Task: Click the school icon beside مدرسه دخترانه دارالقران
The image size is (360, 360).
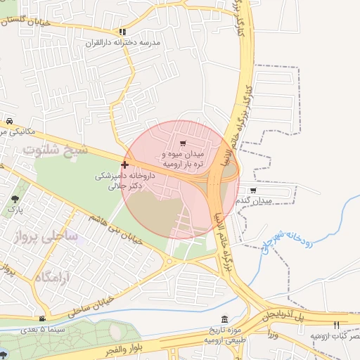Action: (x=122, y=32)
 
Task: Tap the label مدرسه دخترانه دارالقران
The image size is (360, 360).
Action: (x=131, y=43)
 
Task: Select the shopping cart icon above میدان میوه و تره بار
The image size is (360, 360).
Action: (x=183, y=143)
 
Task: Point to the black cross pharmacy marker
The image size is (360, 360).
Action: (x=124, y=165)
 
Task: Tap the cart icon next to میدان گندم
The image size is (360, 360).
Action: (x=253, y=190)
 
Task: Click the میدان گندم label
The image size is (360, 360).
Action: (x=262, y=201)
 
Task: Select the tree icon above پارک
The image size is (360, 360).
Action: (x=15, y=199)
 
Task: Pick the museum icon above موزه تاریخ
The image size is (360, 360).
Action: (x=224, y=319)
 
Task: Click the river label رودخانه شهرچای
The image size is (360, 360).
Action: (x=278, y=236)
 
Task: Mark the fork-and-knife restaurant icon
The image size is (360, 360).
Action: (x=335, y=324)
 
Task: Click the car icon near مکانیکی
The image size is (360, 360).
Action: (x=9, y=120)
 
